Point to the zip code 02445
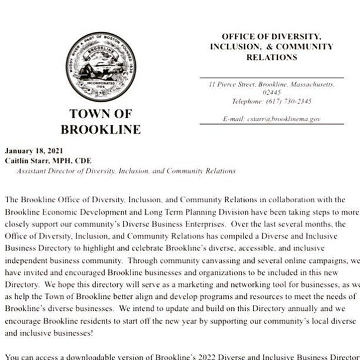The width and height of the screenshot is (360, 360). [271, 93]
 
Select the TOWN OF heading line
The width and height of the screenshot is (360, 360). [101, 114]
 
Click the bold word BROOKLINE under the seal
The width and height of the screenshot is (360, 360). [101, 129]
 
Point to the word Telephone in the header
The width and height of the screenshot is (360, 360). [248, 101]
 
